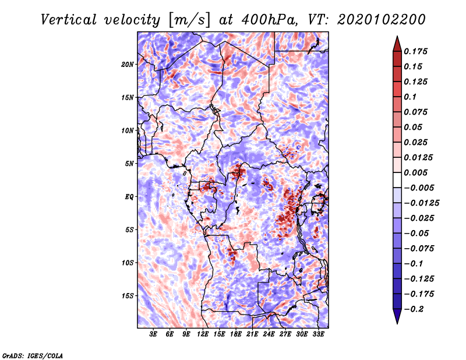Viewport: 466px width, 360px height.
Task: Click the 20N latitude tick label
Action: pos(127,65)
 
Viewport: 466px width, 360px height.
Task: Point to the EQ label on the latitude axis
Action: pos(129,197)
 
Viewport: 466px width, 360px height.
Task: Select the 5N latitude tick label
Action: pos(129,164)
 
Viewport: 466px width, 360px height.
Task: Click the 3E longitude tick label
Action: pos(153,334)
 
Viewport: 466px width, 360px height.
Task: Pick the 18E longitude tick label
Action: pos(235,334)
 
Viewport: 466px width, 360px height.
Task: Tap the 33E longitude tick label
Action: pos(318,334)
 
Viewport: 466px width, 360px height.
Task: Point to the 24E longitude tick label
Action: pos(269,334)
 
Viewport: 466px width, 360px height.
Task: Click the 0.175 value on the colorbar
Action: pos(415,51)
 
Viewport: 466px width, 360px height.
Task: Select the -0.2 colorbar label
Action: pos(414,309)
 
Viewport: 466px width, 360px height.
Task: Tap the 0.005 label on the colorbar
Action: pos(415,172)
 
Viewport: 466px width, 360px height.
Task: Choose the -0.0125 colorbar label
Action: pos(421,203)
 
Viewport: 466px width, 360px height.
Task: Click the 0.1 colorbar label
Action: pos(410,97)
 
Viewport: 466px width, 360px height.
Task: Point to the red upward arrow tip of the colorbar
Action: pos(397,36)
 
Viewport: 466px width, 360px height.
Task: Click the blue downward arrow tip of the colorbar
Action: pos(397,323)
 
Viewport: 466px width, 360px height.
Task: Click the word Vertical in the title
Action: pos(69,20)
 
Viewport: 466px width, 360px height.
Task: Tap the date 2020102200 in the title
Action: pos(382,20)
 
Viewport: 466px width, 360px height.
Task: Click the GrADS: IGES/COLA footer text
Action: pos(33,355)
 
